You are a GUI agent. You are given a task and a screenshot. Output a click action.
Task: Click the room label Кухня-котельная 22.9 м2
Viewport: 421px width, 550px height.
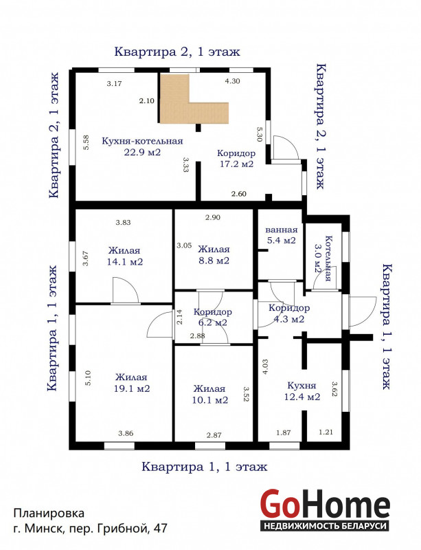click(142, 146)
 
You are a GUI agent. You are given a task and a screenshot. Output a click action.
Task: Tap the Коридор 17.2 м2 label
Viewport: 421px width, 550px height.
click(236, 158)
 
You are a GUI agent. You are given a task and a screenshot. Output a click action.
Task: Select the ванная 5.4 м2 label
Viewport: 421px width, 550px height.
click(282, 235)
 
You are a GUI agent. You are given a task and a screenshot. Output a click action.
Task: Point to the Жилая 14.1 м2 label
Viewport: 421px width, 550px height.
click(125, 256)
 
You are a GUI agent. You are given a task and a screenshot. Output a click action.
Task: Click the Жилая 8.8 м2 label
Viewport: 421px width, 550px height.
click(214, 255)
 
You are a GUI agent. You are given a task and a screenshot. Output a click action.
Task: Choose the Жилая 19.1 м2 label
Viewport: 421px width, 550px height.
click(132, 383)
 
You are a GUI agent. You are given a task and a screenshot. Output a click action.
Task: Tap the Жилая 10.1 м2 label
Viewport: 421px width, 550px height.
click(210, 394)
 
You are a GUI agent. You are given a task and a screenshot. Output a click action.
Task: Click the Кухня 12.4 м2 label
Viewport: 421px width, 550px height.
click(302, 391)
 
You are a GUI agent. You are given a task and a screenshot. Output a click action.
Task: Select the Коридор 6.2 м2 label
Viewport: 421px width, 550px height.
click(212, 317)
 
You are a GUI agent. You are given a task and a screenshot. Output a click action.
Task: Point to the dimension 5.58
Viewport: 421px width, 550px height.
click(87, 143)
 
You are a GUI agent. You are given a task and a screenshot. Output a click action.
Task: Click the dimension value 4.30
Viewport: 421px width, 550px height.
click(232, 81)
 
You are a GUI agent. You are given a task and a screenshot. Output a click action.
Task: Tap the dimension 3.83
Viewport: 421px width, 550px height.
click(124, 222)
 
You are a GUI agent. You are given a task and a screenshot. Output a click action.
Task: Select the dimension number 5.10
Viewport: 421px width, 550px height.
click(88, 378)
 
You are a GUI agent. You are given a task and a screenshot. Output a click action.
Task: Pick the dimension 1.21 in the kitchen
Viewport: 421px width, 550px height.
click(326, 432)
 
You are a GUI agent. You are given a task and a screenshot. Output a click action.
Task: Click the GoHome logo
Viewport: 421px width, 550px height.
click(325, 509)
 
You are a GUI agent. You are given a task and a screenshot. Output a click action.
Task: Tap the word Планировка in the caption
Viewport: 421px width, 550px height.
click(49, 513)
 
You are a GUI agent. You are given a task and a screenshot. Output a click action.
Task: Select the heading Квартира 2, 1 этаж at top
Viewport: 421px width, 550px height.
click(177, 52)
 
